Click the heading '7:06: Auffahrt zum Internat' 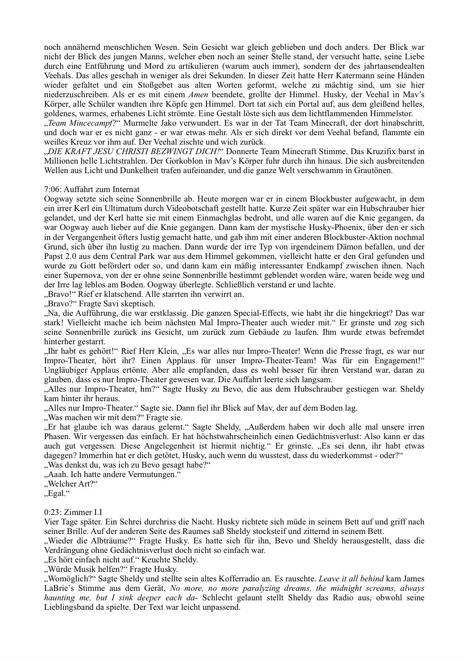tap(91, 190)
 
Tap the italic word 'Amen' tap(198, 94)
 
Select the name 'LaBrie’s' tap(59, 588)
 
